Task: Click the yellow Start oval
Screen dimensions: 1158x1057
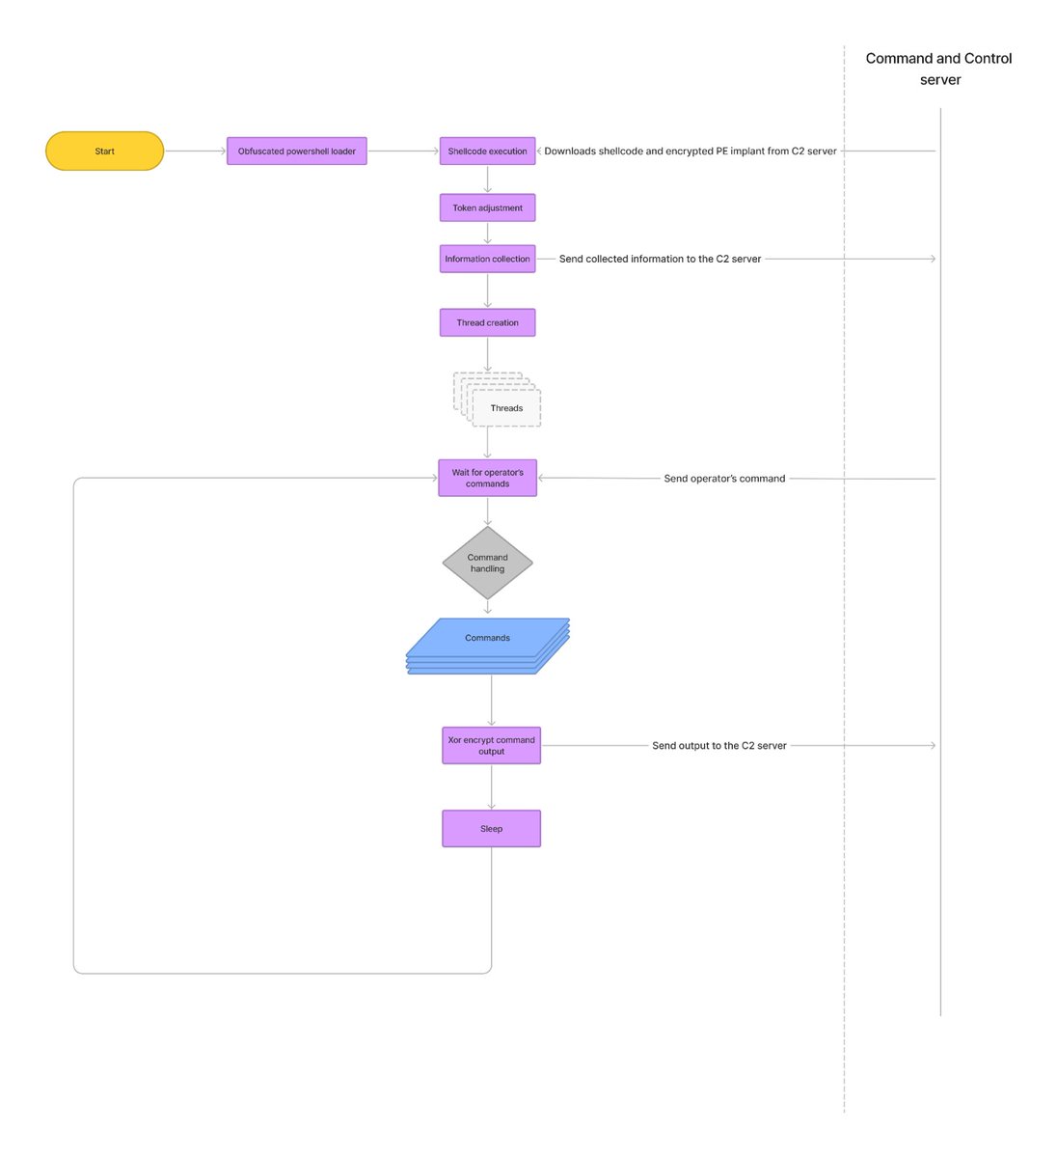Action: [x=104, y=152]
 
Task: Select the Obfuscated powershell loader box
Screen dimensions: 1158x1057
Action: [x=296, y=152]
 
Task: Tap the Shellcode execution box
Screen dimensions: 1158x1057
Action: [x=487, y=152]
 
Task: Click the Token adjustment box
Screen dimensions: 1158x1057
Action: [x=487, y=207]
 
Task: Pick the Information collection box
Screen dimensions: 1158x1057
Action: [x=487, y=259]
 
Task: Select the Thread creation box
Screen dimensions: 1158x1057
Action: [x=487, y=322]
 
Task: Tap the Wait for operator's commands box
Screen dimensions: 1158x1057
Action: [x=487, y=478]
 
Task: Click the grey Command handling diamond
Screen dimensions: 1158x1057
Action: [x=487, y=563]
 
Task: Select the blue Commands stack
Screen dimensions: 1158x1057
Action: [x=487, y=643]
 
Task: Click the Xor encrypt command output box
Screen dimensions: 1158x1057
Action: [x=491, y=745]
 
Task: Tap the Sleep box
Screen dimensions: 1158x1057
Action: [x=491, y=828]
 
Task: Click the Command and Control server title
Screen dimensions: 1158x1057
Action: [x=939, y=69]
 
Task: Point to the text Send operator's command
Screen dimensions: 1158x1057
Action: [x=724, y=479]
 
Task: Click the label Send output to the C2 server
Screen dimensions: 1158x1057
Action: [x=718, y=745]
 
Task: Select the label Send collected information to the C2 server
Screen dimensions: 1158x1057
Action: [x=660, y=259]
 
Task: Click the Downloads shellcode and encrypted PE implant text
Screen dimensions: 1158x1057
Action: [x=690, y=152]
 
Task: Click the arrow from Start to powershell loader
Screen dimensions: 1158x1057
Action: [x=195, y=152]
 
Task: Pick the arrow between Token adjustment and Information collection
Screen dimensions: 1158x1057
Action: [x=487, y=233]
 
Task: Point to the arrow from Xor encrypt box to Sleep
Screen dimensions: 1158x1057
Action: [x=491, y=786]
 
